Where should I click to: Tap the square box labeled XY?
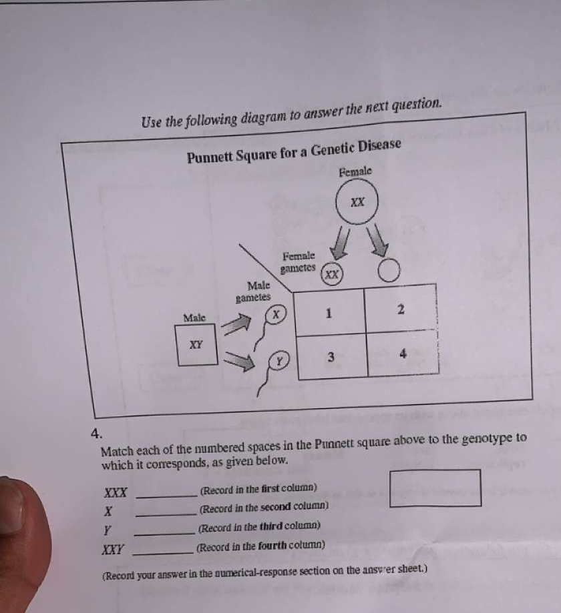[196, 345]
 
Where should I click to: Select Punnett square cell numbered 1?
[329, 311]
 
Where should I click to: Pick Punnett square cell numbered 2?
[401, 310]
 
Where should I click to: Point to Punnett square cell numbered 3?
[331, 357]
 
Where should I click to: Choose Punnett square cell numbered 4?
[403, 354]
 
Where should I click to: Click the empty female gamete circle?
[389, 271]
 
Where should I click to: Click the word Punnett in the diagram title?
[214, 157]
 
